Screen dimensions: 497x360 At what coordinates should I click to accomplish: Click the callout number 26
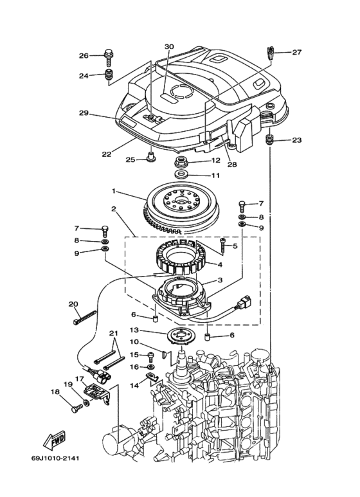pos(84,56)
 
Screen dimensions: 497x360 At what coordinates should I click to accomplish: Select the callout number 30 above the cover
pos(169,47)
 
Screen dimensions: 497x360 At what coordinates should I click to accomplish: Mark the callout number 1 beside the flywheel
pos(113,191)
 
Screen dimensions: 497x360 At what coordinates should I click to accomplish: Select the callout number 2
pos(113,209)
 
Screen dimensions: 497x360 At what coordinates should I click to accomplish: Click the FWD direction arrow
pos(51,442)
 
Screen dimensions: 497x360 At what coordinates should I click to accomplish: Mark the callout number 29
pos(83,113)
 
